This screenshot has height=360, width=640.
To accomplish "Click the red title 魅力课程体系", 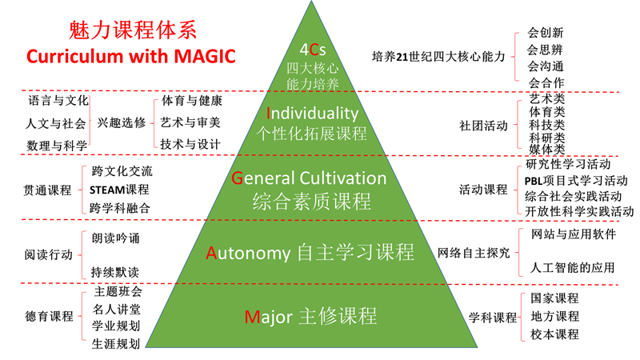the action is tap(133, 30).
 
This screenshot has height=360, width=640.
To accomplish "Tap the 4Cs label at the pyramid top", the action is tap(313, 50).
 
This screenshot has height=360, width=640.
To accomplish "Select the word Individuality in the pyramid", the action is tap(312, 113).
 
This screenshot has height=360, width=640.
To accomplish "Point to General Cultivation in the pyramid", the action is tap(309, 178).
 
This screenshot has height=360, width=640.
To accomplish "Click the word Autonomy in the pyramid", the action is tap(248, 253).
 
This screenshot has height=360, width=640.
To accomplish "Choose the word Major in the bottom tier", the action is tap(269, 317).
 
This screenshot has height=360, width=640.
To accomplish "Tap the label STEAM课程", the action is tap(119, 190).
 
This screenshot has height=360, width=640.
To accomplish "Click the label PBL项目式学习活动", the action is tap(576, 181).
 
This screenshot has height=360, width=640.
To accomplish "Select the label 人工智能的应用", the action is tap(572, 268).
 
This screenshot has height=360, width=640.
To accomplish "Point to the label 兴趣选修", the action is tap(122, 122).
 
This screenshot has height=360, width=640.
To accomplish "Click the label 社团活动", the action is tap(483, 126).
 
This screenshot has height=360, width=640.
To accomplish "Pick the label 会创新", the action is tap(546, 33).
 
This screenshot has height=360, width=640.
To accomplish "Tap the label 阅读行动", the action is tap(49, 254).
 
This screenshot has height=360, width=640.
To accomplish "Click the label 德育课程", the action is tap(49, 316).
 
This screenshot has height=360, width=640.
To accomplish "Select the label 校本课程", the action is tap(554, 334).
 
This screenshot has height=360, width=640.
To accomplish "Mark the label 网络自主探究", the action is tap(474, 253).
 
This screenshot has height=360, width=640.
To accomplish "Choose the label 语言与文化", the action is tap(58, 101).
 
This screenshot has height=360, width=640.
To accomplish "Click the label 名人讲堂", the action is tap(116, 310).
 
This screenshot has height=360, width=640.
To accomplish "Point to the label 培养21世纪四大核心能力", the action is tap(438, 56).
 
